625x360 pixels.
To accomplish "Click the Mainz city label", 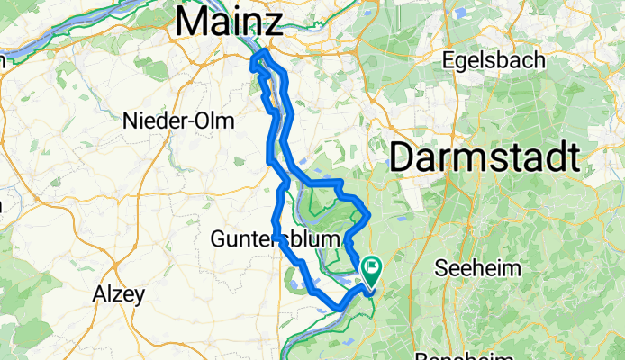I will point(230,20).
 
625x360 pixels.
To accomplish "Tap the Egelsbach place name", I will point(494,61).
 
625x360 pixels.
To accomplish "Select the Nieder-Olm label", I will point(177,121).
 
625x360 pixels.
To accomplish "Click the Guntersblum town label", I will point(275,239).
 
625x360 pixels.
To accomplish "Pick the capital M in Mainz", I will point(193,20).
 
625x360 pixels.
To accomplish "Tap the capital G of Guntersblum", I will point(218,239).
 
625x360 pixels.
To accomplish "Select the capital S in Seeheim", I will point(440,267).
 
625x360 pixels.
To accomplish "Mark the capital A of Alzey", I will point(100,292).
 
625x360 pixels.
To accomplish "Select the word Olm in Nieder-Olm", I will point(217,121).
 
